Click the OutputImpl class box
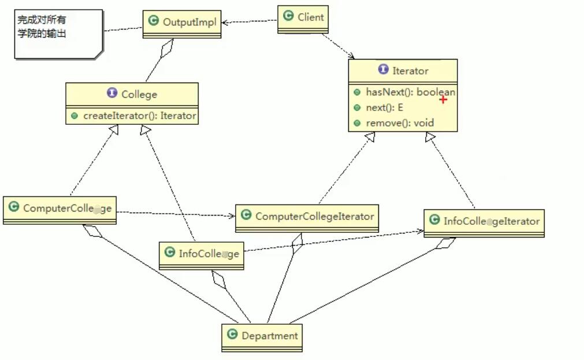182,23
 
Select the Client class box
302,18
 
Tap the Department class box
262,336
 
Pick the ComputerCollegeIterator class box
307,217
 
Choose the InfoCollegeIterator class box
484,222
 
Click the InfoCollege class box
201,254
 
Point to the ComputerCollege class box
59,210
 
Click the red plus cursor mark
443,99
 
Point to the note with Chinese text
58,34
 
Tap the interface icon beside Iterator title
383,70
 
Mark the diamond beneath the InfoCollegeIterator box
446,243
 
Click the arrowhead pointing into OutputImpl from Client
225,23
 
